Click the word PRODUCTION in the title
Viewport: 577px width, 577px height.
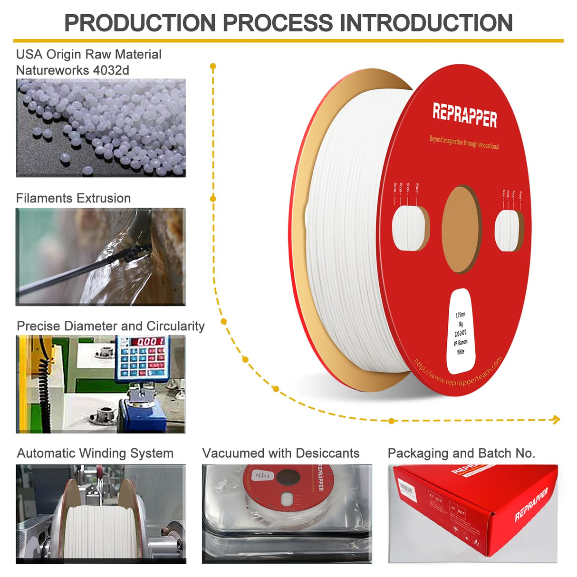[x=140, y=23]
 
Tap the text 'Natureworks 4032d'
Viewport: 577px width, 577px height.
[x=73, y=70]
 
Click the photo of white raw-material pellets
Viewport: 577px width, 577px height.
[x=101, y=128]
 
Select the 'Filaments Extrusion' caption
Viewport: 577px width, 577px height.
[x=73, y=198]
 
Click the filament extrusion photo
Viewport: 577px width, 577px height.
[x=101, y=257]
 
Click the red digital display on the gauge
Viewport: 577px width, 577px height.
[x=147, y=341]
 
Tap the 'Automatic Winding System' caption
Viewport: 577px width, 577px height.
[x=95, y=453]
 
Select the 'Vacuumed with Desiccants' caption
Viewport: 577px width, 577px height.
[x=280, y=453]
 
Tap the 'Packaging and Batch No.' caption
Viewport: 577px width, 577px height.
[x=461, y=453]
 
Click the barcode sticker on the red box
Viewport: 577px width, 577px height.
[x=406, y=488]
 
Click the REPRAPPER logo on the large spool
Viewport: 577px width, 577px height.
[x=464, y=115]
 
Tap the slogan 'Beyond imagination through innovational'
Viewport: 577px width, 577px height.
[x=464, y=142]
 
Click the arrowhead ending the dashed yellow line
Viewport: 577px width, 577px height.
[x=557, y=419]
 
